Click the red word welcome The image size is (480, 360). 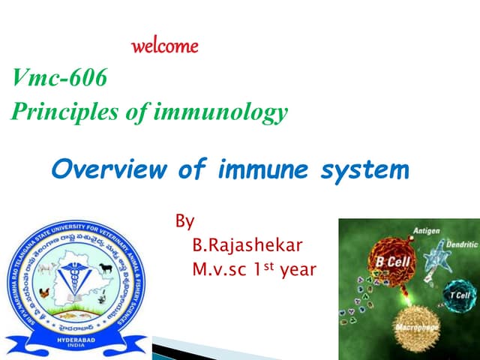pos(165,46)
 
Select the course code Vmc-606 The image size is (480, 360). pos(60,77)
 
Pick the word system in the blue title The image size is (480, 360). pos(362,169)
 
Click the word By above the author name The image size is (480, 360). pos(184,221)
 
